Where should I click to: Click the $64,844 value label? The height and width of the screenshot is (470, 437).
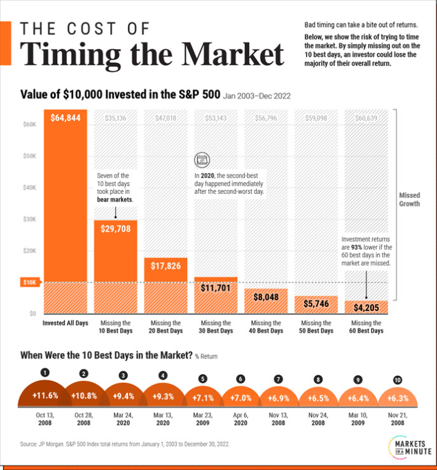click(65, 118)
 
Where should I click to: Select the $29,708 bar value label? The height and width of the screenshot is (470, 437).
click(115, 229)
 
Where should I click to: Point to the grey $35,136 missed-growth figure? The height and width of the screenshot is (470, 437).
click(115, 118)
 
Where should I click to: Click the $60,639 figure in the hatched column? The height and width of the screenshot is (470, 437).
click(366, 118)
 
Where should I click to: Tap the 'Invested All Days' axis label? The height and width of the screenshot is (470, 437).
click(65, 323)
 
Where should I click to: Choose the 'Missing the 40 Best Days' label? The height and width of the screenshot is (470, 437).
click(266, 327)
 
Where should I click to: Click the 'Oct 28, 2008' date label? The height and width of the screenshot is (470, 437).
click(84, 422)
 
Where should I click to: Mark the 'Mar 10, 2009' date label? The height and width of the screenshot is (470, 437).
click(358, 422)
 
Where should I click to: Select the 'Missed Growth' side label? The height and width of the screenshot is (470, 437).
click(409, 200)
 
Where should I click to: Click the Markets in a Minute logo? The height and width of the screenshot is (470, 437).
click(405, 446)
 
